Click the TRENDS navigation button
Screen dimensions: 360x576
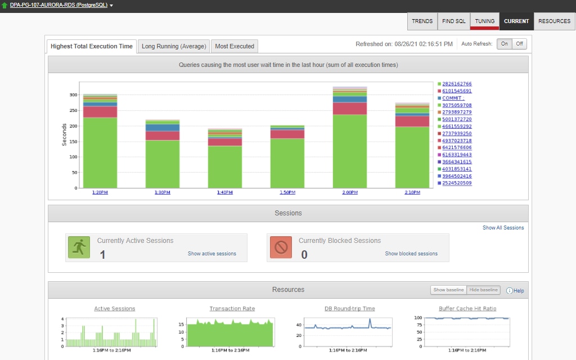422,21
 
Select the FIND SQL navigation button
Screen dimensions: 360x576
453,21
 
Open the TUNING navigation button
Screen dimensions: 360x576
484,21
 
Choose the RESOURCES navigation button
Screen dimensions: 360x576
554,21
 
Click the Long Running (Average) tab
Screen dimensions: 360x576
174,46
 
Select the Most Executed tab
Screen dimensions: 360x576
235,46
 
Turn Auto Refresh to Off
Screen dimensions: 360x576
519,44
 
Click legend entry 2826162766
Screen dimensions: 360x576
457,84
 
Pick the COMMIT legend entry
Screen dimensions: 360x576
453,98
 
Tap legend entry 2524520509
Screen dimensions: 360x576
457,183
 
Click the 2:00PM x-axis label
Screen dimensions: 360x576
350,192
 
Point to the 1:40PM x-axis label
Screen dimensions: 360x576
225,192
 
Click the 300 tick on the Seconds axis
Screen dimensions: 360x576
73,94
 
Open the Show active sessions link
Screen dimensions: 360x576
212,254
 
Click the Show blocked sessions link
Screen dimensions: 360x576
411,254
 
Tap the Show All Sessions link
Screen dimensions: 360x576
503,228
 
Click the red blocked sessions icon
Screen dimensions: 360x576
281,247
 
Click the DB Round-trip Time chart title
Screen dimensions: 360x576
350,309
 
